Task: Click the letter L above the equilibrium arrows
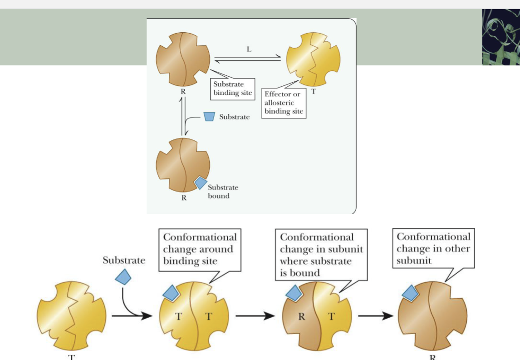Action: pyautogui.click(x=249, y=49)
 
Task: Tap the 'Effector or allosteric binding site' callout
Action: pyautogui.click(x=284, y=103)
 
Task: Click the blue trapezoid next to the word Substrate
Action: pyautogui.click(x=209, y=116)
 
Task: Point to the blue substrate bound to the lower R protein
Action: pyautogui.click(x=200, y=183)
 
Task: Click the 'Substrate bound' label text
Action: pyautogui.click(x=223, y=191)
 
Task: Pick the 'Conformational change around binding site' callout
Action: pyautogui.click(x=200, y=249)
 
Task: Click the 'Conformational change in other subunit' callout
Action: pyautogui.click(x=433, y=248)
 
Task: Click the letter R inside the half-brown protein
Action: pyautogui.click(x=301, y=316)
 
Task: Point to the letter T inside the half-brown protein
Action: pyautogui.click(x=331, y=316)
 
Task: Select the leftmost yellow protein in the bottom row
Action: pyautogui.click(x=71, y=316)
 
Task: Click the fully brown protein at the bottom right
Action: pyautogui.click(x=432, y=316)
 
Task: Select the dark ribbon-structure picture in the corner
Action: pyautogui.click(x=501, y=37)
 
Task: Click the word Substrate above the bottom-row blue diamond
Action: pyautogui.click(x=124, y=261)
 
